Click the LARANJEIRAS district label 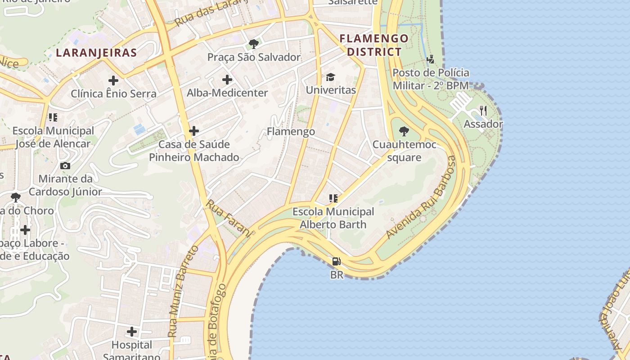point(96,53)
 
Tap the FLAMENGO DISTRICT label point(373,45)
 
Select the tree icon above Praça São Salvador point(253,44)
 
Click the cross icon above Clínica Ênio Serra point(113,81)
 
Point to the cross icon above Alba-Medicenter point(227,80)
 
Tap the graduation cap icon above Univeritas point(331,77)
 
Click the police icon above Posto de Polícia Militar point(431,59)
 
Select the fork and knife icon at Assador point(483,110)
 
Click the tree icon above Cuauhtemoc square point(404,131)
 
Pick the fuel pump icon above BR point(336,261)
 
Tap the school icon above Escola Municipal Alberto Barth point(333,198)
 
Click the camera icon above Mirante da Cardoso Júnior point(65,166)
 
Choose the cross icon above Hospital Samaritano point(132,332)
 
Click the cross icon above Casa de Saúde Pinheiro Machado point(194,131)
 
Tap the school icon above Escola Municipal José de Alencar point(53,117)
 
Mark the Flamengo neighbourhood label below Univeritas point(291,131)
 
